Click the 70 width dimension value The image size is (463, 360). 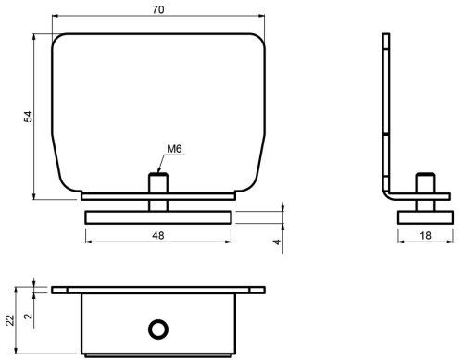(158, 10)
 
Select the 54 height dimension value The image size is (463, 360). (28, 117)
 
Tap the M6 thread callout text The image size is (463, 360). (174, 149)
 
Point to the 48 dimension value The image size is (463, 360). (158, 236)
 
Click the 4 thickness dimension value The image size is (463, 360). (277, 242)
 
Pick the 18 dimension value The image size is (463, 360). (425, 236)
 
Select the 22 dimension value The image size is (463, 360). (10, 320)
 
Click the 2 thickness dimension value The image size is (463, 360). (29, 317)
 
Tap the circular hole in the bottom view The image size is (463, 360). (158, 329)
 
